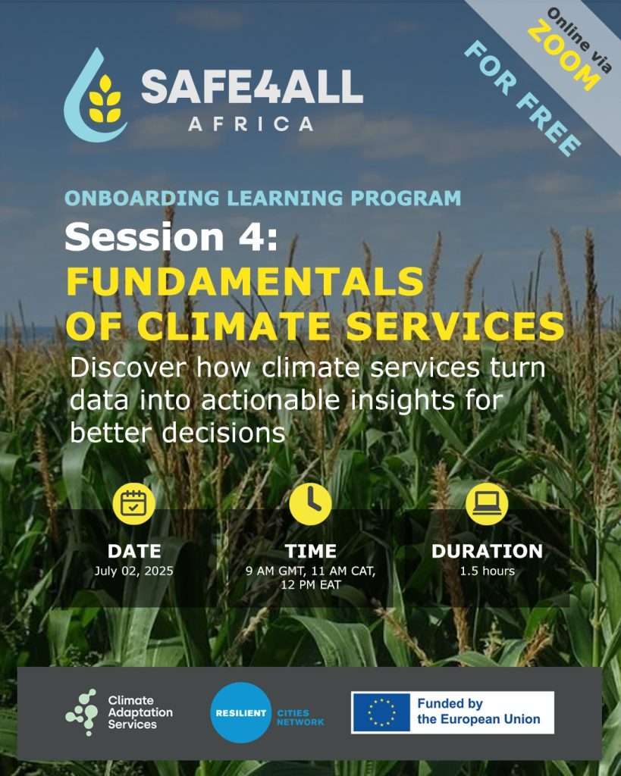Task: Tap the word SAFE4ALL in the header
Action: coord(252,87)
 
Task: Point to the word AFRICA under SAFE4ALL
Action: coord(250,124)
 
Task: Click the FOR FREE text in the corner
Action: coord(522,99)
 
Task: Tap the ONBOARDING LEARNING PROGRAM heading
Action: coord(262,198)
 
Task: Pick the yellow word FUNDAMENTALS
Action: coord(245,281)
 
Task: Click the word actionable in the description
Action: coord(271,400)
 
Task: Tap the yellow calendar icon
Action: coord(133,503)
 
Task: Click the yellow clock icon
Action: coord(311,503)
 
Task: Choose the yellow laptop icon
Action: coord(487,503)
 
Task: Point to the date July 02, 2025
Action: coord(133,571)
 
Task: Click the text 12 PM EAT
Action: coord(311,585)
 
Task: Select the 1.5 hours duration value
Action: coord(488,571)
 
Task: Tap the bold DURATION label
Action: coord(488,552)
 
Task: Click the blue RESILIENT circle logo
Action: coord(241,712)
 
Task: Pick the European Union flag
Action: coord(381,712)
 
